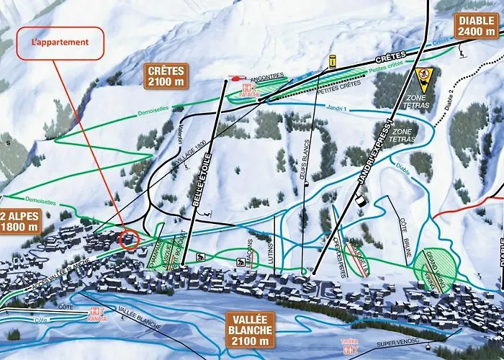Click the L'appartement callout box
coord(60,42)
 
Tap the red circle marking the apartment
coord(129,238)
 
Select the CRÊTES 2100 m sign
coord(167,76)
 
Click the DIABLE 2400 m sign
coord(476,26)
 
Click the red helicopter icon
coord(236,77)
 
